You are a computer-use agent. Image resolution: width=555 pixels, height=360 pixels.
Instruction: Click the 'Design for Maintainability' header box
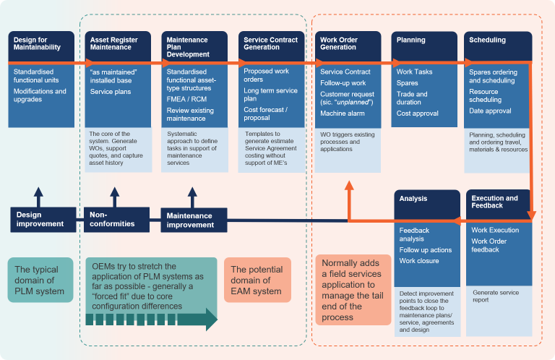(x=40, y=44)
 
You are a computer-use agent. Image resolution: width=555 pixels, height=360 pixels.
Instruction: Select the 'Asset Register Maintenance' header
(x=118, y=44)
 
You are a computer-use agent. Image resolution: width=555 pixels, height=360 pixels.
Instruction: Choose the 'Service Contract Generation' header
(x=271, y=44)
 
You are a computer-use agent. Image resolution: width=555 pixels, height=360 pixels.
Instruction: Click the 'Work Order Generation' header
(x=348, y=44)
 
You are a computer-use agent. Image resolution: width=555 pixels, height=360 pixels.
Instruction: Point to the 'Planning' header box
(x=424, y=44)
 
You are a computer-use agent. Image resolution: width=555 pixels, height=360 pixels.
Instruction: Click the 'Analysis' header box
(x=426, y=202)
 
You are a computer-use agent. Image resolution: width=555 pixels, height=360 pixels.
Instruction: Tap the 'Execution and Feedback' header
(x=498, y=202)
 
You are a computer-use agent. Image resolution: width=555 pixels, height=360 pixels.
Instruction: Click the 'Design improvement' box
(x=42, y=219)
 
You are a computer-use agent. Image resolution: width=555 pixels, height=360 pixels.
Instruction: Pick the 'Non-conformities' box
(x=113, y=219)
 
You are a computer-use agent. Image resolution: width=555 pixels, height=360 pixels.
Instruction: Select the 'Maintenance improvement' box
(x=193, y=220)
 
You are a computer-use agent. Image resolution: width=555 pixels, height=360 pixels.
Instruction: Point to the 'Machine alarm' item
(x=343, y=113)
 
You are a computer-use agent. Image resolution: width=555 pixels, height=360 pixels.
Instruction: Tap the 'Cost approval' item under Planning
(x=418, y=113)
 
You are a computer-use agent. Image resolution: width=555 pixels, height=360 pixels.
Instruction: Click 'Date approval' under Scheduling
(x=490, y=111)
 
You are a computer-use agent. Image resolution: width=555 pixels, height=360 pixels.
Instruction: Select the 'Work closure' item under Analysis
(x=419, y=261)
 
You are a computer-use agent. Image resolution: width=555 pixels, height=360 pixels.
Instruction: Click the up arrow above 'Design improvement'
(x=38, y=196)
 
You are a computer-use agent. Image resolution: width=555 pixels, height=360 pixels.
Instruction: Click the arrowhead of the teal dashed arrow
(x=210, y=319)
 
